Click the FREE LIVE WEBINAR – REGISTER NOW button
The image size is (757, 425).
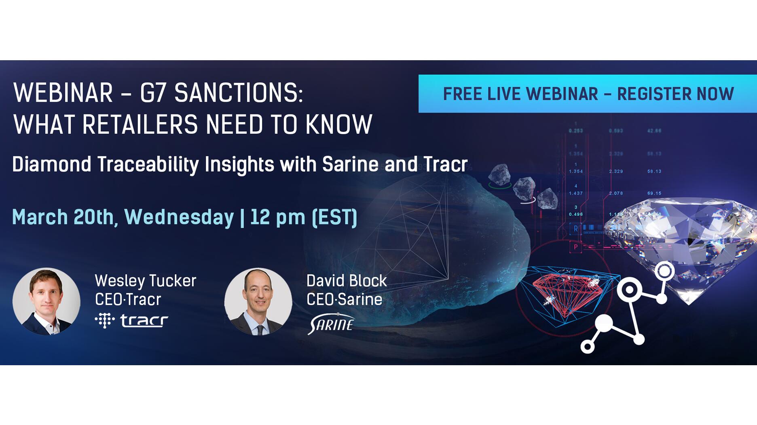[588, 94]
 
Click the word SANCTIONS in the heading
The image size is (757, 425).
[239, 93]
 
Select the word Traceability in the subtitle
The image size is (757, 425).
[148, 164]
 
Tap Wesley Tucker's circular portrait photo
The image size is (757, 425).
[46, 301]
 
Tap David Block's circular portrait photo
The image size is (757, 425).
[258, 301]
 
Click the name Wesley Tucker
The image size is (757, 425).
[145, 281]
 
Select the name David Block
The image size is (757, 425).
[347, 281]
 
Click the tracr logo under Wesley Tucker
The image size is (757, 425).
[132, 321]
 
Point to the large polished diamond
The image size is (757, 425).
[683, 242]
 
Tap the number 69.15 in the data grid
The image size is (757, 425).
[654, 194]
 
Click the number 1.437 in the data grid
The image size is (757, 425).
[575, 194]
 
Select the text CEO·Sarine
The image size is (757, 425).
[344, 300]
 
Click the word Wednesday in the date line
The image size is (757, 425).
[179, 217]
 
